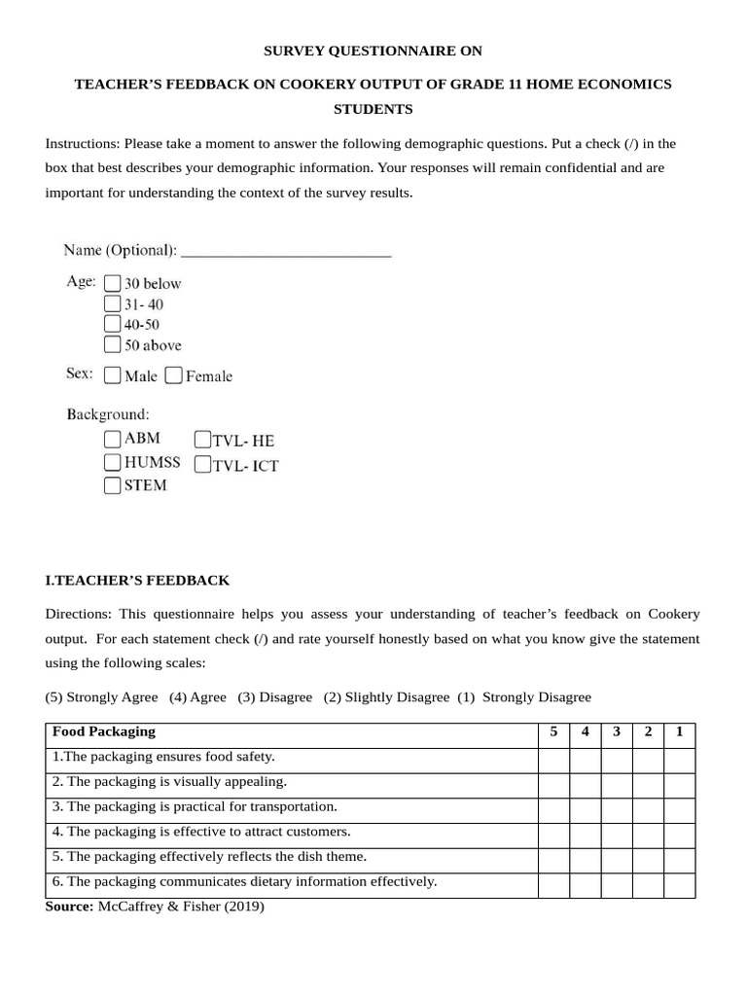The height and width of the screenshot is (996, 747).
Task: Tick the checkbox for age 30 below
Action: click(x=112, y=283)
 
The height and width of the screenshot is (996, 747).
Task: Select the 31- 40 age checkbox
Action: click(x=112, y=303)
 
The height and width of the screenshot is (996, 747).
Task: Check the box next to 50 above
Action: click(x=112, y=344)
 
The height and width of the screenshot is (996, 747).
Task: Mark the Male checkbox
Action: click(x=113, y=375)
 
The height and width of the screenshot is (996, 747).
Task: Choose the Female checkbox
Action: click(x=174, y=375)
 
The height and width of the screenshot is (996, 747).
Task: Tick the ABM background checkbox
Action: click(x=113, y=439)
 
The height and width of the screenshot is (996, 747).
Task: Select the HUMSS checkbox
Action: click(x=113, y=462)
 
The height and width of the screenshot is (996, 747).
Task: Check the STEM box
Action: click(x=113, y=485)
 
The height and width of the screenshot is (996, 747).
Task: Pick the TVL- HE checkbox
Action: click(x=203, y=440)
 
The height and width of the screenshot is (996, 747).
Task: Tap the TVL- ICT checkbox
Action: click(x=203, y=465)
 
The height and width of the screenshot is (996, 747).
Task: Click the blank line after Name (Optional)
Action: click(x=286, y=251)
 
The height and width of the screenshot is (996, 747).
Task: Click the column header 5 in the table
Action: click(x=553, y=732)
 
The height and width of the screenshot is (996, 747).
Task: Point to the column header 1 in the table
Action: click(x=679, y=732)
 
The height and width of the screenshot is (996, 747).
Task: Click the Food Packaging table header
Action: click(x=104, y=732)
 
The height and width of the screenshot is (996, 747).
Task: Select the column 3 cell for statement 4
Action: click(x=616, y=834)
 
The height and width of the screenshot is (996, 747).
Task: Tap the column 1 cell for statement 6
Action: click(x=679, y=884)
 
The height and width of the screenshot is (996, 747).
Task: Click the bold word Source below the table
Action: click(x=69, y=907)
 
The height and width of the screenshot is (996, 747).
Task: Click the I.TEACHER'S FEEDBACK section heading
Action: click(x=137, y=581)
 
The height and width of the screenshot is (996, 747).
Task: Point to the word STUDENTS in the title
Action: click(x=373, y=109)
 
